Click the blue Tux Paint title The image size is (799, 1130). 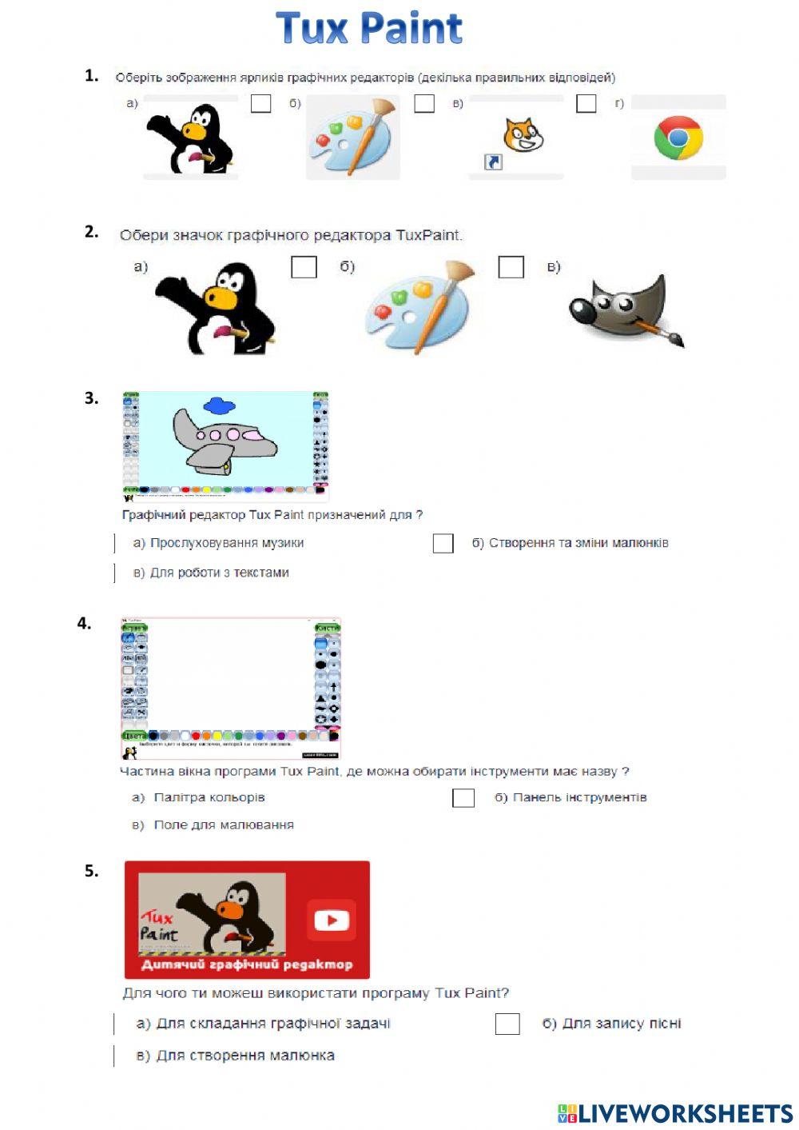[369, 29]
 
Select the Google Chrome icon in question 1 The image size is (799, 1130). [678, 138]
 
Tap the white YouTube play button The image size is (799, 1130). [331, 920]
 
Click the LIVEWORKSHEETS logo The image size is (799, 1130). [675, 1113]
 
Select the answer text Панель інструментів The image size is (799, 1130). [579, 797]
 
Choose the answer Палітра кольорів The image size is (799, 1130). [209, 797]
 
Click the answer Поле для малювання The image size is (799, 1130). [223, 825]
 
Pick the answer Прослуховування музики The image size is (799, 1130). [227, 543]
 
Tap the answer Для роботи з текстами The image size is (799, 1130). [219, 573]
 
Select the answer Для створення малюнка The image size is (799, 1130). [244, 1056]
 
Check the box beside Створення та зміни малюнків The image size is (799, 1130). [443, 544]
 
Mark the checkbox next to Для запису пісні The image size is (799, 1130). [507, 1024]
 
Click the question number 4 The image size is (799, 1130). [84, 624]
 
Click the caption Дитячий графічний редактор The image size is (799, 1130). [247, 964]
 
